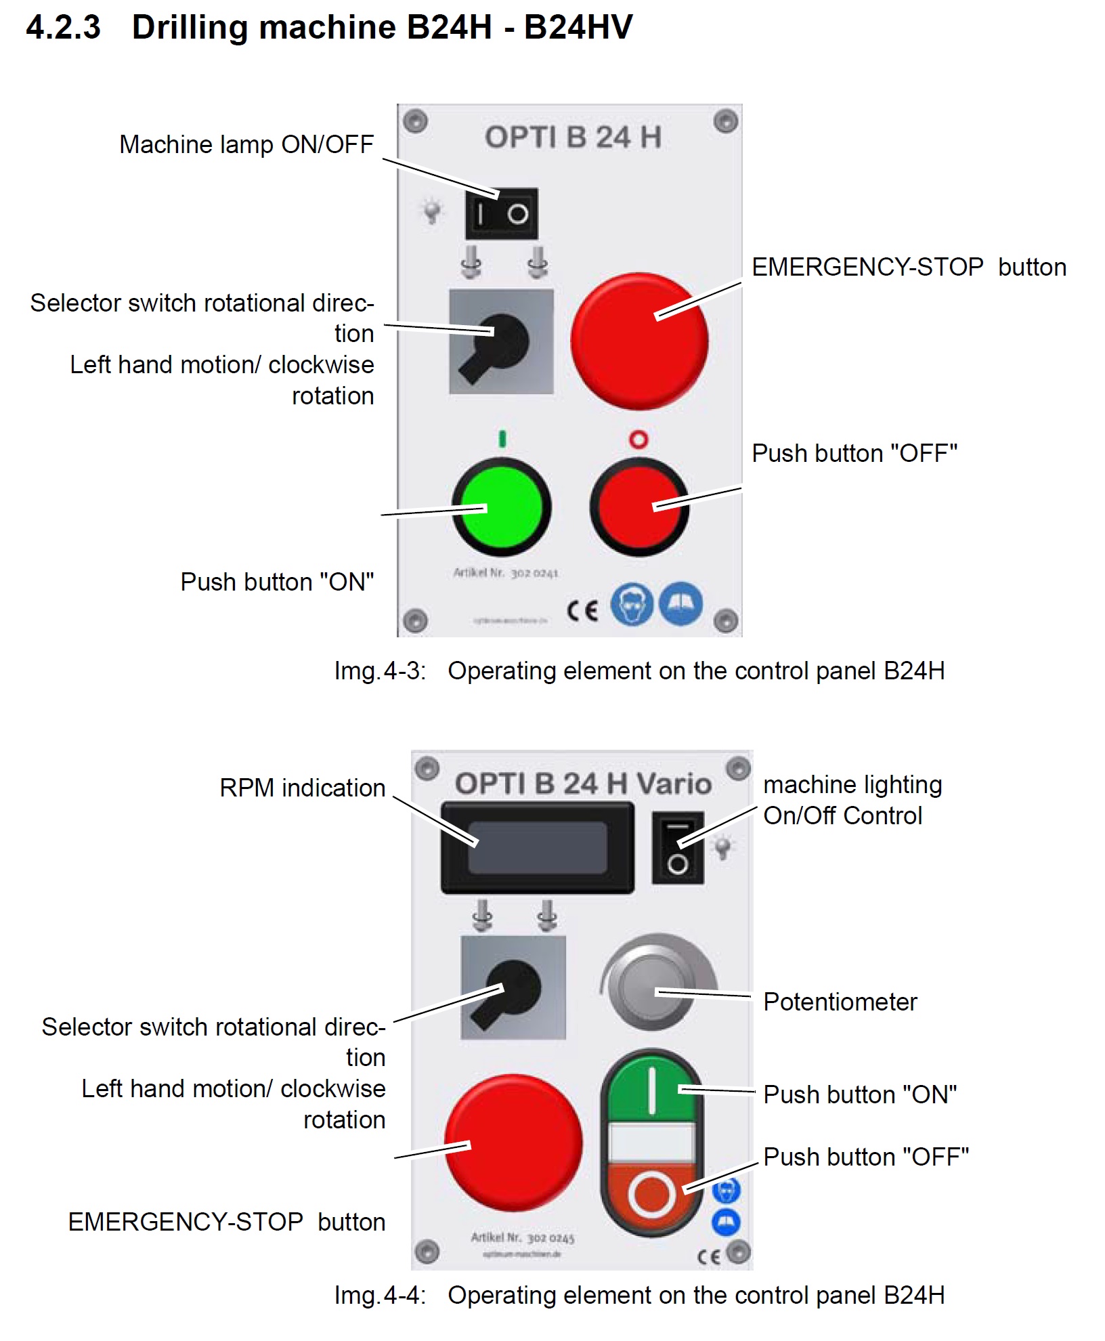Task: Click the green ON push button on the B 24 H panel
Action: [x=502, y=507]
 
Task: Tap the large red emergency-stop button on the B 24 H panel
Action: [x=639, y=341]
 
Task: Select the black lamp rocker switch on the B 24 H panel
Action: [x=501, y=214]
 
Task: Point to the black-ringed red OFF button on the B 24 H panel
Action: [x=639, y=507]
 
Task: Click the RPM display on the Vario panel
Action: [x=538, y=847]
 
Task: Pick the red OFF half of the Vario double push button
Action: [x=651, y=1193]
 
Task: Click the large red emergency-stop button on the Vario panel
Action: [x=513, y=1143]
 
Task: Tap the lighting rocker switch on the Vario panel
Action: [x=678, y=848]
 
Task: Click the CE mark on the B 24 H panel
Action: [x=582, y=610]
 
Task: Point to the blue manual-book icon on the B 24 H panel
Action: [x=681, y=603]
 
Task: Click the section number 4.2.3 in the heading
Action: [x=64, y=28]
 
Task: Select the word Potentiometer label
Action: [x=840, y=1002]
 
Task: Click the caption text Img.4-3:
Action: [x=380, y=670]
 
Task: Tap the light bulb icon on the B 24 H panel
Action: [x=431, y=211]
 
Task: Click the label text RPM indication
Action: [x=302, y=788]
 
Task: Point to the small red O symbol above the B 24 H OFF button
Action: [x=638, y=440]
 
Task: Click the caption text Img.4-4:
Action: [x=380, y=1295]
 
